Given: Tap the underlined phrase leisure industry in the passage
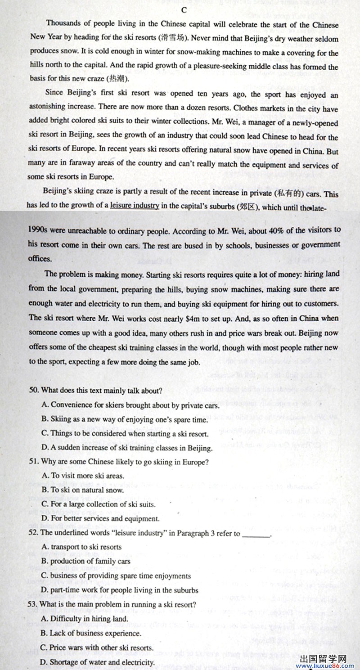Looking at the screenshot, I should (x=135, y=206).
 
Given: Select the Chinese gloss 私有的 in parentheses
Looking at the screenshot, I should (x=296, y=194).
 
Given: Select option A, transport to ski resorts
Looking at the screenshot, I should (x=81, y=547).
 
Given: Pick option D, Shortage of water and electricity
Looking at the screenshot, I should (x=98, y=662).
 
